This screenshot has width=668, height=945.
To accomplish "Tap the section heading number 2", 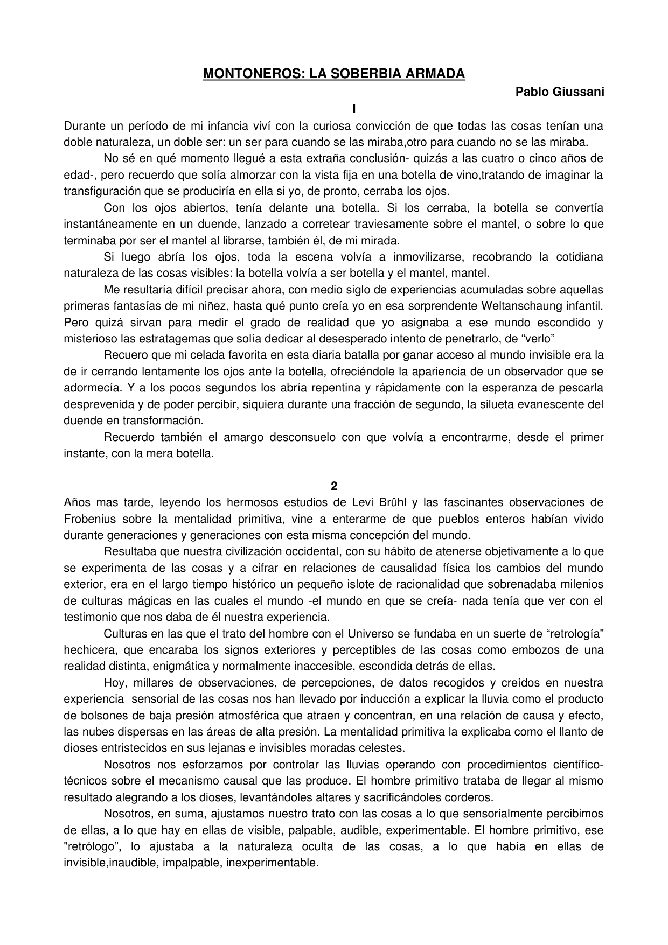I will [334, 486].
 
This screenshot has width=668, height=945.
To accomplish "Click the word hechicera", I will [86, 650].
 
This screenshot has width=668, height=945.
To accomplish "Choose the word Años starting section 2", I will [76, 503].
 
